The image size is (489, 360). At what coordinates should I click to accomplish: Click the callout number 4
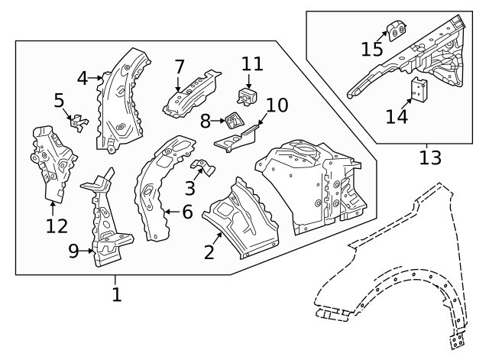(83, 78)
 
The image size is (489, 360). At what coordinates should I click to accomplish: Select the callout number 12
(57, 226)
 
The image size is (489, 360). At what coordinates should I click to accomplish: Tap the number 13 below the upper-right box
(430, 158)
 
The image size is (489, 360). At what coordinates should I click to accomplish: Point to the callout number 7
(180, 66)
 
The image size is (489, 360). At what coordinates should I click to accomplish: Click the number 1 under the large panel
(117, 294)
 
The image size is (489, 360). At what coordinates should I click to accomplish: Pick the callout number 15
(372, 49)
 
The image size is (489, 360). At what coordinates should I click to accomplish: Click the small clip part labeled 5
(79, 123)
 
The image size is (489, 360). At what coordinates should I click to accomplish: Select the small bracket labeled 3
(203, 167)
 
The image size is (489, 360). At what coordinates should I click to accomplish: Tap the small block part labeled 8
(234, 121)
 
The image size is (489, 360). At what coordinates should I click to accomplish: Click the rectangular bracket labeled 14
(419, 90)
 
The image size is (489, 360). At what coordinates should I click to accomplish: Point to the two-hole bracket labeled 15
(397, 31)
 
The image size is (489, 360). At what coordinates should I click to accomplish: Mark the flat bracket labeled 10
(237, 138)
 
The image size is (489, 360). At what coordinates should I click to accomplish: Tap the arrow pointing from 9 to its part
(86, 251)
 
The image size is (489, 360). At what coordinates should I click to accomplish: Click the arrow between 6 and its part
(171, 212)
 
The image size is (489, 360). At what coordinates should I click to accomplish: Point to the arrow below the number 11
(248, 82)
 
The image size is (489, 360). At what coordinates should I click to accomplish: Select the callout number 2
(209, 252)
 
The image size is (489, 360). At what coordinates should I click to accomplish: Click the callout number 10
(277, 105)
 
